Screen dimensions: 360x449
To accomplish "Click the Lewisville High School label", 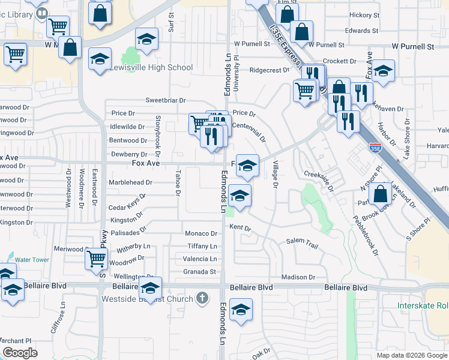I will pos(151,68).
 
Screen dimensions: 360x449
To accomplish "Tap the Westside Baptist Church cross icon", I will pos(203,298).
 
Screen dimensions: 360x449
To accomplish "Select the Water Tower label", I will pos(32,260).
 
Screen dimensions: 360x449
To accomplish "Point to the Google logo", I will pos(20,352).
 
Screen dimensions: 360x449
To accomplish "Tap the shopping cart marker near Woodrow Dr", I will pos(97,259).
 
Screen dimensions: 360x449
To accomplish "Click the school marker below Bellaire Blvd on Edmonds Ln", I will pos(241,310).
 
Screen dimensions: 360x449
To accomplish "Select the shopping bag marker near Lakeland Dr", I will pos(380,194).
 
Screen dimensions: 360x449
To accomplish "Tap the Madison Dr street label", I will pos(298,277).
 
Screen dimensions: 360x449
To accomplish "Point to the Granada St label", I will pos(199,272).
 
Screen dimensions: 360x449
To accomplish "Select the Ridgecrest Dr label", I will pos(270,70).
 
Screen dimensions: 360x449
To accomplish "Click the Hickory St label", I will pos(364,15).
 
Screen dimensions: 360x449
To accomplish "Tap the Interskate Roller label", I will pos(423,305).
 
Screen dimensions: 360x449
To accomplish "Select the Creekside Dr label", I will pos(318,174).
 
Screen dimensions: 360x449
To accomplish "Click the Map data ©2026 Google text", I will pos(411,355).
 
